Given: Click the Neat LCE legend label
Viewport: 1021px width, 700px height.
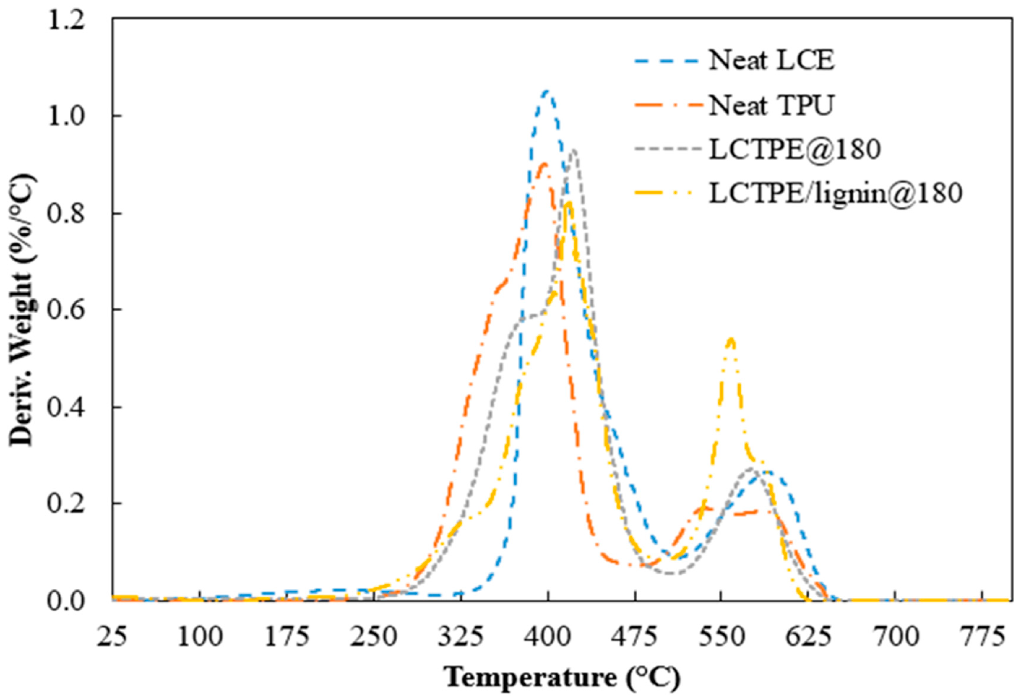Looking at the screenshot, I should [x=772, y=61].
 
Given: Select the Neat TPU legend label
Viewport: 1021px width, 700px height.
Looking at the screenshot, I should [x=772, y=105].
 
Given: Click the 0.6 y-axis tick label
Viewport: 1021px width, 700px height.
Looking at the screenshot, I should [x=66, y=310].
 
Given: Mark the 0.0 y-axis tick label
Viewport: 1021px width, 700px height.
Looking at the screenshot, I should [x=66, y=601].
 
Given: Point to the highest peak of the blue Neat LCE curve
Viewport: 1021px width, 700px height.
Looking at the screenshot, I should [x=546, y=91].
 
